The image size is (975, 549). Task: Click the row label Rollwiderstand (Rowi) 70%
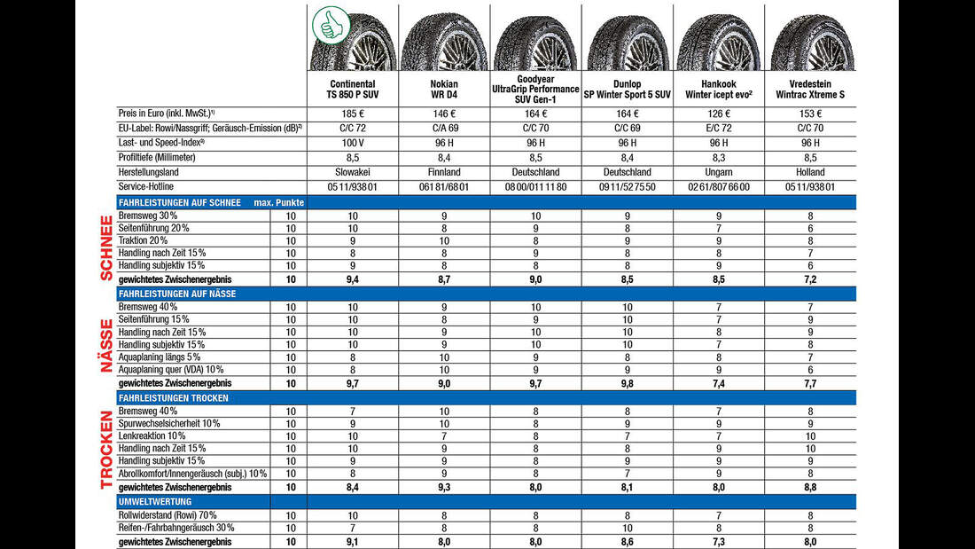coord(168,515)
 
